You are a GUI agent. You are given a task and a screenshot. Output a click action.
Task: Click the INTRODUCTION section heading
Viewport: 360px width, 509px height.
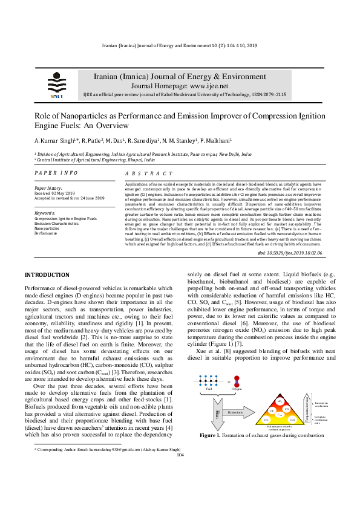(47, 275)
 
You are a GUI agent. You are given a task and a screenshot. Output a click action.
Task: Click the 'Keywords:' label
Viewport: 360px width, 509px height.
(45, 213)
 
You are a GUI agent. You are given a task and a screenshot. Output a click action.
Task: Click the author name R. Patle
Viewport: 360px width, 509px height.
(90, 141)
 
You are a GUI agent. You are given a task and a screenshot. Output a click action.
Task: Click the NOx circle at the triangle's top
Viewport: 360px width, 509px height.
(280, 401)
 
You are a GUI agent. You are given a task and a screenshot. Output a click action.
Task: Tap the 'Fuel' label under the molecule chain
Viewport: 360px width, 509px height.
(209, 389)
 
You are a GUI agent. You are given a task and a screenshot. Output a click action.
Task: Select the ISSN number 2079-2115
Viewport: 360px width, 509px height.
(255, 96)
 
